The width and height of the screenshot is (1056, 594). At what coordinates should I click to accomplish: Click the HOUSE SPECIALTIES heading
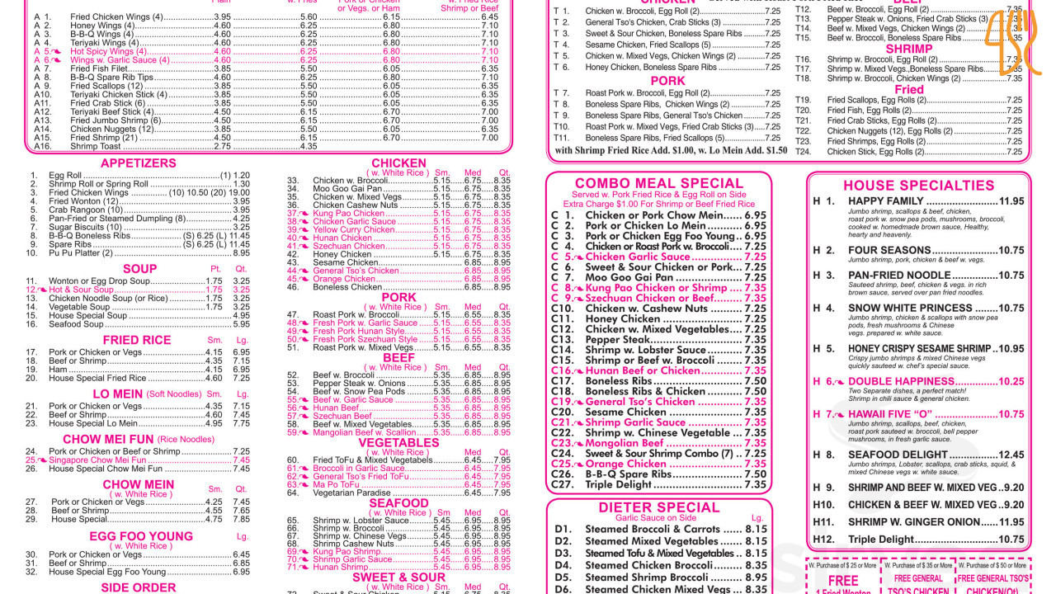tap(918, 186)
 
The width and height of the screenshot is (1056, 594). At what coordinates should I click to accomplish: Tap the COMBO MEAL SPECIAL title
tap(658, 183)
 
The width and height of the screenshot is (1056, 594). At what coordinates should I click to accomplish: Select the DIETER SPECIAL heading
tap(659, 507)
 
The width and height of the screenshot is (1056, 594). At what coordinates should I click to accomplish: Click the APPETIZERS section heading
tap(138, 163)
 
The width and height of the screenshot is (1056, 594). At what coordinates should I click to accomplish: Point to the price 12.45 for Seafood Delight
tap(1011, 455)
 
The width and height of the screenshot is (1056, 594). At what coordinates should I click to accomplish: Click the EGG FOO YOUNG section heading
tap(140, 535)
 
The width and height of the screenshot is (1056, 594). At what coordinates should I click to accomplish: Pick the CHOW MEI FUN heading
tap(108, 440)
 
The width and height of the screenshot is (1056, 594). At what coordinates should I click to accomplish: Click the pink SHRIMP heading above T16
tap(909, 49)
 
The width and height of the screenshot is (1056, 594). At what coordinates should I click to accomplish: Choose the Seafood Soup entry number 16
tap(76, 324)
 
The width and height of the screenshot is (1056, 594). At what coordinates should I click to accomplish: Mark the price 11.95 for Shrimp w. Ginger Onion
tap(1011, 522)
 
